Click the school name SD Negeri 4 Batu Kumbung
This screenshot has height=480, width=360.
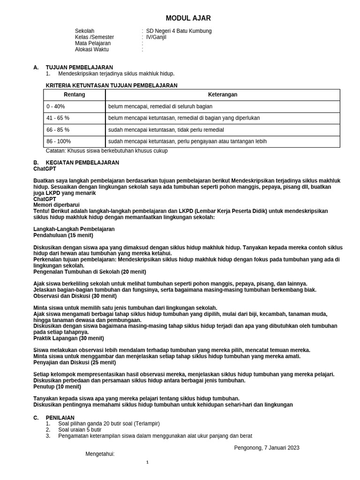pos(179,31)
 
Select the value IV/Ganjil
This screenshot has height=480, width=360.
pos(156,37)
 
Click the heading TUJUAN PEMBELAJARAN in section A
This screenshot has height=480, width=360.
pos(79,67)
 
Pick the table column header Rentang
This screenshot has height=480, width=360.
pos(75,95)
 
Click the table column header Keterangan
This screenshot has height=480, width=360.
pos(223,95)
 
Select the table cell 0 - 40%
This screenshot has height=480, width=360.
pos(56,106)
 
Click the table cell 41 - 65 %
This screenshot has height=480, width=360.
pos(58,118)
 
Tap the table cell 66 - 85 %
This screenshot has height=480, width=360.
pos(58,130)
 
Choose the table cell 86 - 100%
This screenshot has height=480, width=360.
pos(59,142)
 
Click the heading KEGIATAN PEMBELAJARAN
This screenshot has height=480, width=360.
pos(82,163)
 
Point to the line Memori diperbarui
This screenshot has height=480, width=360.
pos(56,205)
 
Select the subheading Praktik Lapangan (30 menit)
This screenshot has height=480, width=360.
pos(69,338)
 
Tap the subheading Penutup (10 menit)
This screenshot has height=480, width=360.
pos(57,387)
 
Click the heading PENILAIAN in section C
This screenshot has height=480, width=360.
pos(60,418)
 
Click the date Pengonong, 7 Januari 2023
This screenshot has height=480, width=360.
pos(267,448)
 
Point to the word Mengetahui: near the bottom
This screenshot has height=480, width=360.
pos(100,454)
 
